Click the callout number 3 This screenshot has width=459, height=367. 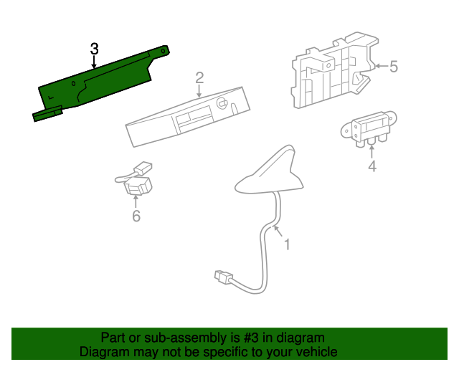click(94, 49)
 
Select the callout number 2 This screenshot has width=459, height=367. click(199, 78)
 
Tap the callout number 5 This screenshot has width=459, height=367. click(394, 67)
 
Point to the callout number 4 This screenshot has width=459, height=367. click(372, 166)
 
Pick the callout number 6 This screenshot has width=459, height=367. click(136, 216)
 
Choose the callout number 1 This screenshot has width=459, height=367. click(287, 244)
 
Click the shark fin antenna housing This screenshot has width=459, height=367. click(270, 173)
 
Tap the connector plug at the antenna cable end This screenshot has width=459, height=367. click(224, 277)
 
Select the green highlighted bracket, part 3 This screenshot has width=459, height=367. click(100, 83)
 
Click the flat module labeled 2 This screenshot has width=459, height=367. click(188, 117)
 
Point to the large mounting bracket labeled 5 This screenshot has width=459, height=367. click(333, 70)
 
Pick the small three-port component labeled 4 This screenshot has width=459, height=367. click(369, 129)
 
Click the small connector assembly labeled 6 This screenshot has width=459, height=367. click(134, 178)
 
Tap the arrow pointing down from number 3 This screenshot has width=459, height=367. click(94, 62)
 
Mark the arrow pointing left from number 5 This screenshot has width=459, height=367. click(382, 66)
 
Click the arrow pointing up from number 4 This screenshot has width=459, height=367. click(372, 151)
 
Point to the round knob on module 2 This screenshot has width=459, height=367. click(222, 103)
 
